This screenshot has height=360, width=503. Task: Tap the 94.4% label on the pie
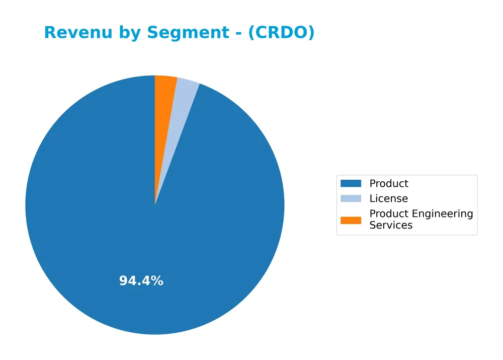[141, 281]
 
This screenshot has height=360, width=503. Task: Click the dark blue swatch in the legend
[351, 184]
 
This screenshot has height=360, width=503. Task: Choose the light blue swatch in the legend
[351, 198]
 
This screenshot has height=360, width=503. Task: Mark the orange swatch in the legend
[351, 220]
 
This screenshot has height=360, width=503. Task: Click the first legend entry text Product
[389, 184]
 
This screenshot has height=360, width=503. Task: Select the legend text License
[388, 198]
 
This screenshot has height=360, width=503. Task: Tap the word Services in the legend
[391, 226]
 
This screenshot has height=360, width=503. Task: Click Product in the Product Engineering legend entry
[389, 213]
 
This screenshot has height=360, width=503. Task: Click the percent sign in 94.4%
[157, 281]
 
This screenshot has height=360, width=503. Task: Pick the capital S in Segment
[152, 33]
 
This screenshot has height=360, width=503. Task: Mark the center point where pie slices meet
[155, 205]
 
